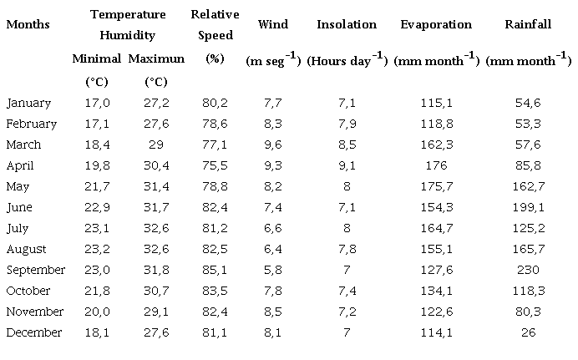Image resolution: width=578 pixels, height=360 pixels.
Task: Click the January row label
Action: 28,103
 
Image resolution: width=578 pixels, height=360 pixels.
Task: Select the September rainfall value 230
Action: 528,270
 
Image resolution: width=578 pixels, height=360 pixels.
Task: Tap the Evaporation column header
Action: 435,24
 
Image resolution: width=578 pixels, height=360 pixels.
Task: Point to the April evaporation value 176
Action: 435,165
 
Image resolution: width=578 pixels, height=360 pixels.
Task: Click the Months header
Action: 28,24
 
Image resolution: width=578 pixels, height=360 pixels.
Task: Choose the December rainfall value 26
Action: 528,332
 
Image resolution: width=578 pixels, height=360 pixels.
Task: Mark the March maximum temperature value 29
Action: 156,145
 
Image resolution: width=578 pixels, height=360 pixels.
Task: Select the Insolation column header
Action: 347,24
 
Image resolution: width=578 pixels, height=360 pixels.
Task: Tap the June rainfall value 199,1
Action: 528,207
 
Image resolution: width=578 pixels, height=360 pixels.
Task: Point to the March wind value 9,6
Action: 273,145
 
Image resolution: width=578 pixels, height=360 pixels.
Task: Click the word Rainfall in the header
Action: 528,24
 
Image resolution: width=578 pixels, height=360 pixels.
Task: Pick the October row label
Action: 30,291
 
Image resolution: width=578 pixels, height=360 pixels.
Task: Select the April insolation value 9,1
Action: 347,165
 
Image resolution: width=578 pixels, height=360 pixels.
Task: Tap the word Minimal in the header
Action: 97,59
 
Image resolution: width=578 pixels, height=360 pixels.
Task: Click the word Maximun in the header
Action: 156,59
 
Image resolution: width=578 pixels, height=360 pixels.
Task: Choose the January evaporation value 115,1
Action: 435,103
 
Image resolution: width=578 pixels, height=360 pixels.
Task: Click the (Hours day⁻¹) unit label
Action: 347,60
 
